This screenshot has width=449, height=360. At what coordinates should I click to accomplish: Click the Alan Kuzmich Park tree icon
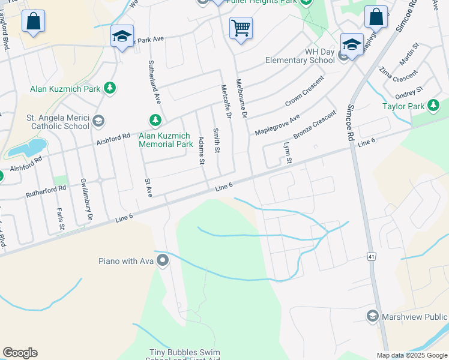point(109,89)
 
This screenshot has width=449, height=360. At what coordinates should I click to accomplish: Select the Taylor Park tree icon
point(433,107)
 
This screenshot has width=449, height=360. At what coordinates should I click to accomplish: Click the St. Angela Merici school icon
point(97,122)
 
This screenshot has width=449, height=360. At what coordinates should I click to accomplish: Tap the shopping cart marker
point(240,28)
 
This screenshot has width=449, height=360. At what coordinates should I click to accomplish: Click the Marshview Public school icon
point(372,316)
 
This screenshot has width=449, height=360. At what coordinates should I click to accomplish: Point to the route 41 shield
point(372,257)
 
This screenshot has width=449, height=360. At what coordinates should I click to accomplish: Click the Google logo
point(20,353)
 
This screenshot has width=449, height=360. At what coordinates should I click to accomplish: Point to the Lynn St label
point(288,152)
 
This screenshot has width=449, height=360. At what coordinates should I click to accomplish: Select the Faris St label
point(61,218)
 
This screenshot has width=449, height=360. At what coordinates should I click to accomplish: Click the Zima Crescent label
point(398,76)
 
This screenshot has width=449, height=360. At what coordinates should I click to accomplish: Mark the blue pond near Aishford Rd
point(28,148)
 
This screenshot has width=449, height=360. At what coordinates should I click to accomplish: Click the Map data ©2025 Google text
point(412,355)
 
